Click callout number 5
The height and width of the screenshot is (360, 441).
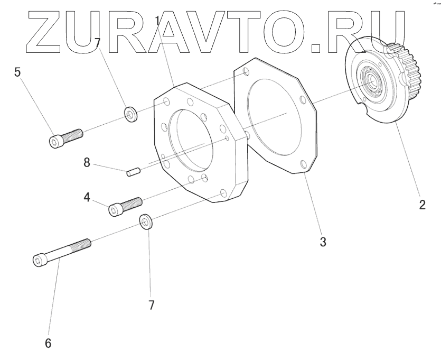(17, 72)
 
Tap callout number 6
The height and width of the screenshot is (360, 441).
(48, 343)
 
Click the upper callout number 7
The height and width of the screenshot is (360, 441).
(97, 42)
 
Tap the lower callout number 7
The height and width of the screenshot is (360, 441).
(151, 305)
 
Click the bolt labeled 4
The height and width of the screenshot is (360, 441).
(125, 206)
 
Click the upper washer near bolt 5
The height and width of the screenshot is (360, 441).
(130, 113)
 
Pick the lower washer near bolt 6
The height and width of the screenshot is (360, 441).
(146, 221)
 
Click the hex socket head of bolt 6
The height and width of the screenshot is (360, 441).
(38, 260)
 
